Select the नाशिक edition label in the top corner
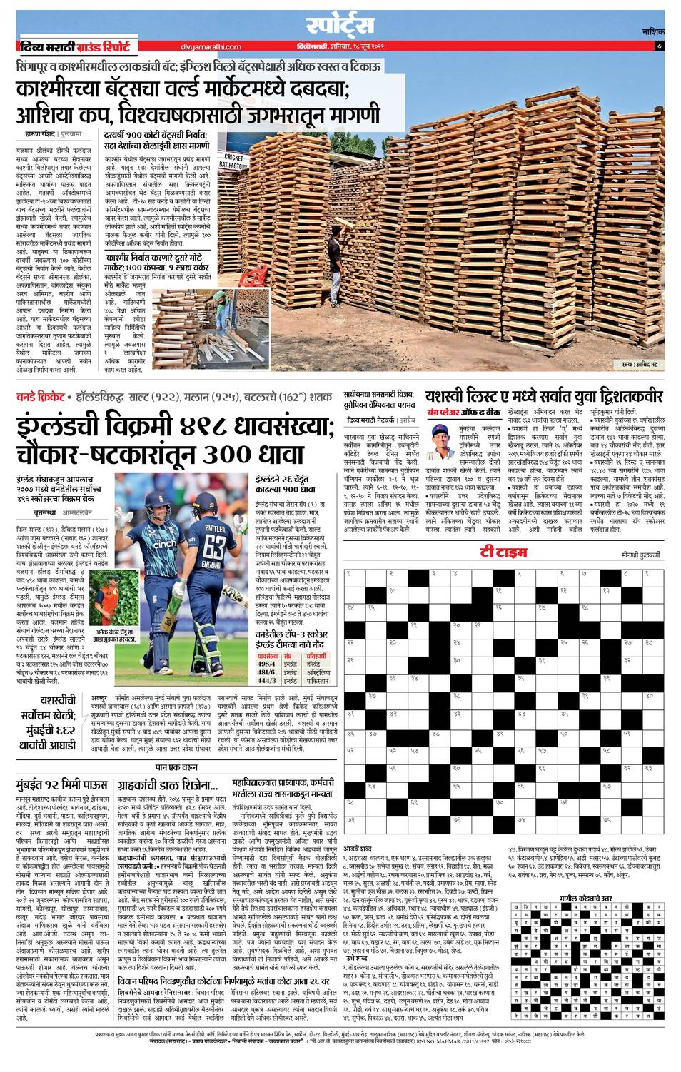point(652,32)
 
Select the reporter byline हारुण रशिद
point(36,133)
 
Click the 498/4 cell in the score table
point(266,663)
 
